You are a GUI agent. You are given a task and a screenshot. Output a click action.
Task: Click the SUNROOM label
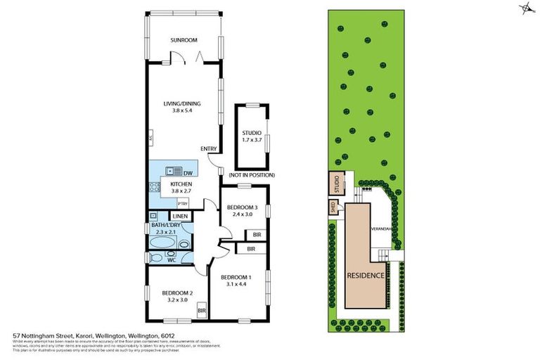(x=185, y=41)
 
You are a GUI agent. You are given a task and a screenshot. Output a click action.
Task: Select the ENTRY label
(x=208, y=148)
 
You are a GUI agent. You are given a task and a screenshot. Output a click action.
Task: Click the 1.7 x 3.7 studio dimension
(x=252, y=140)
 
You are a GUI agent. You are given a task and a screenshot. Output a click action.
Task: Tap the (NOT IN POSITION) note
(x=251, y=174)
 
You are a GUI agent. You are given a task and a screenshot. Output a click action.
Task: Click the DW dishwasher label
(x=188, y=172)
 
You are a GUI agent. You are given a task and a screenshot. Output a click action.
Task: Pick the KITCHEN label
(x=181, y=184)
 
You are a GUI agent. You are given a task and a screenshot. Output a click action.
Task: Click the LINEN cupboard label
(x=180, y=216)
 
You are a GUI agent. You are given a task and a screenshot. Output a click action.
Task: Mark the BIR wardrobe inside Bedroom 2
(x=202, y=310)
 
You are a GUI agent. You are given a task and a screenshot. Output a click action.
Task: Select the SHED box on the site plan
(x=333, y=207)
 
